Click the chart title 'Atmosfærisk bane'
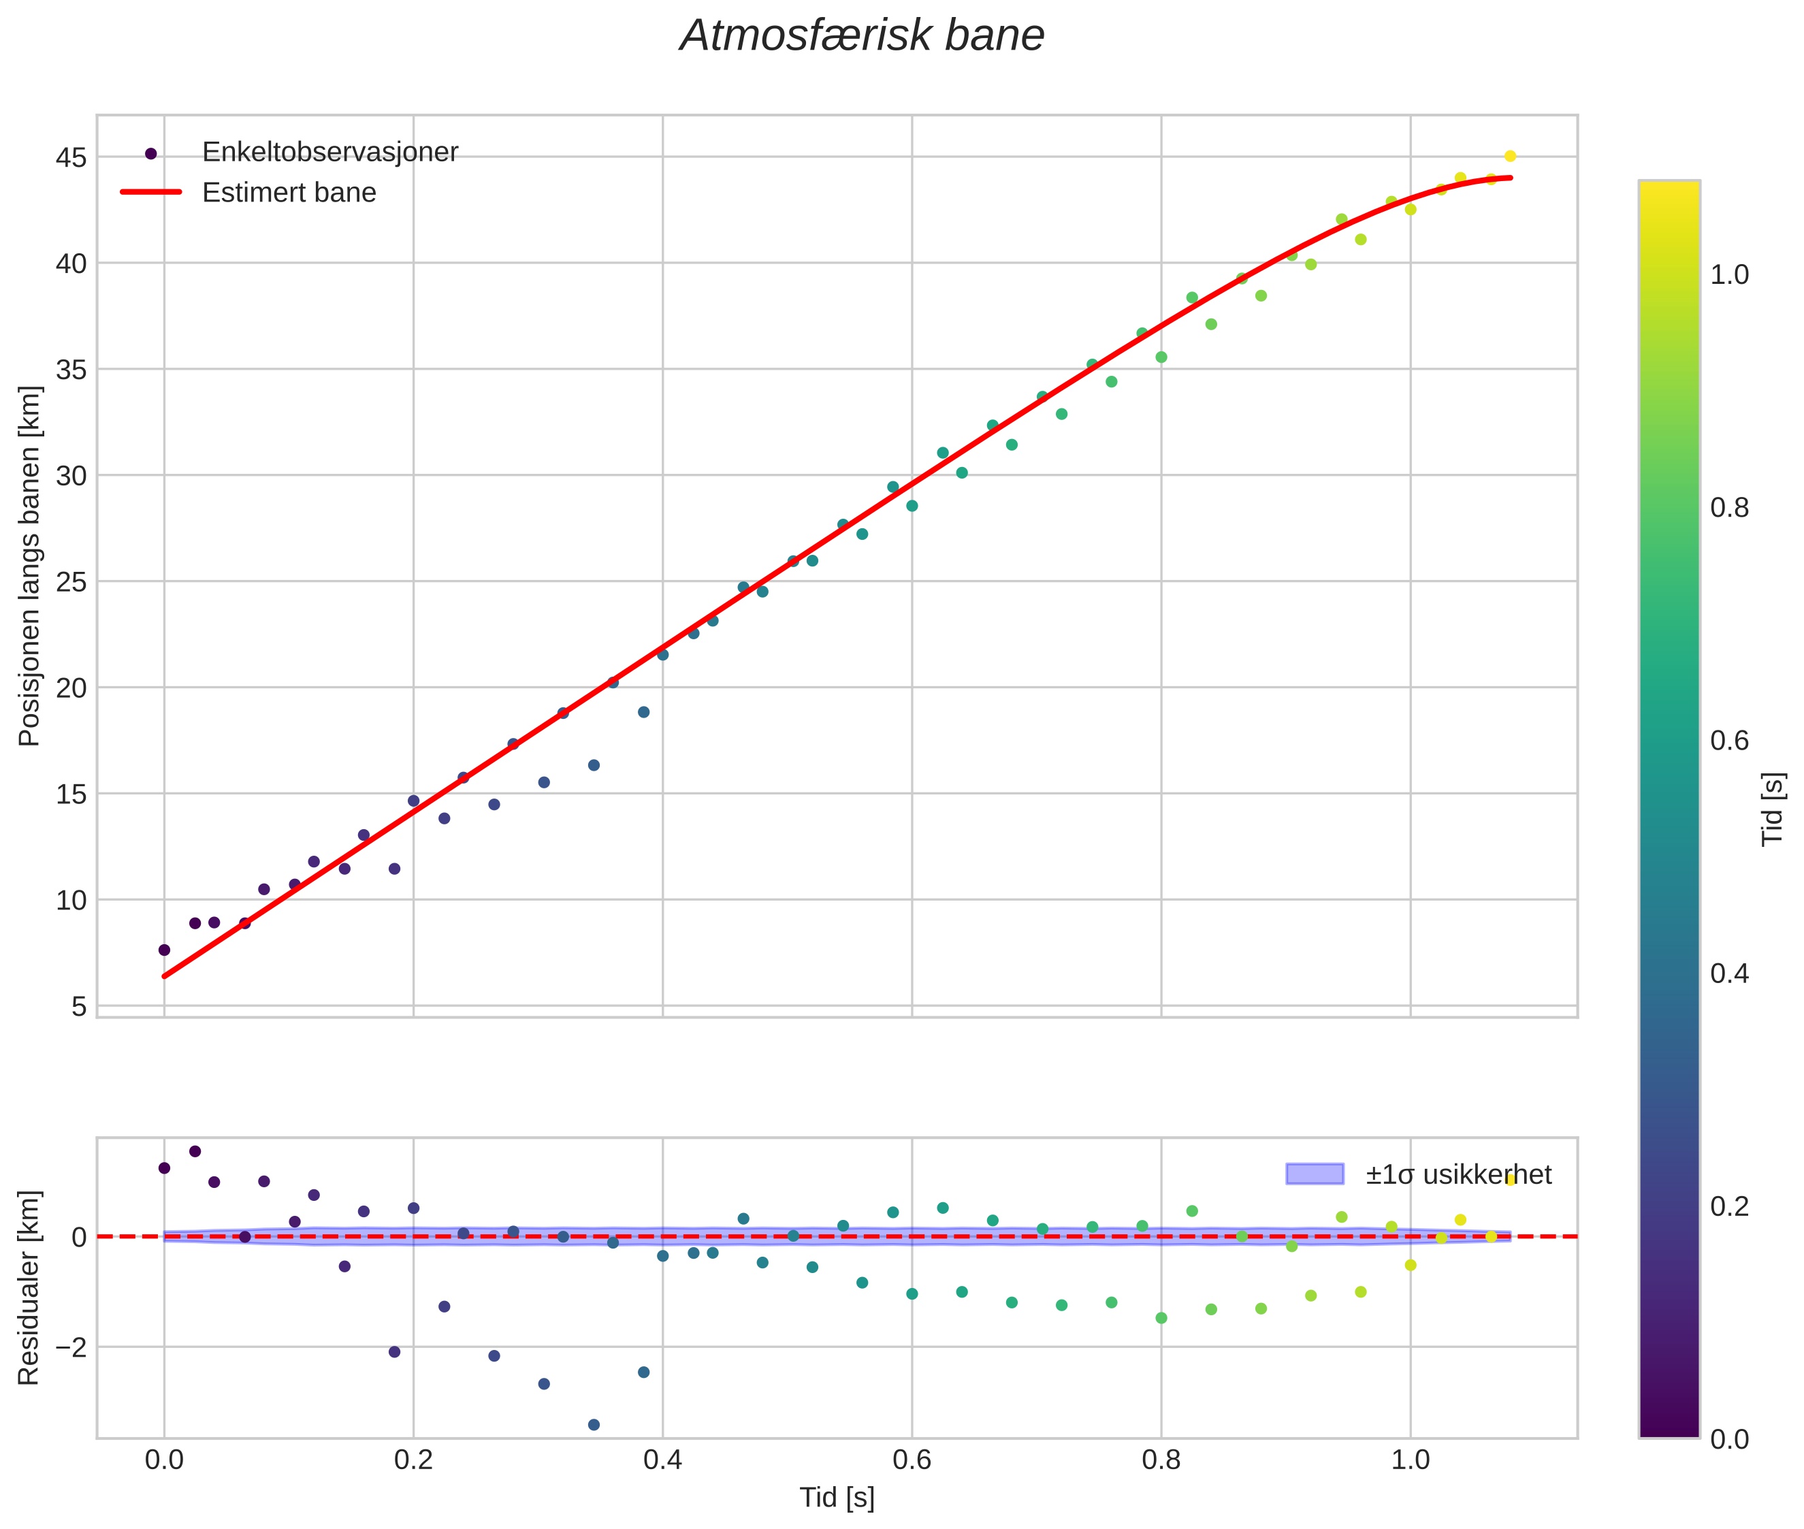[x=862, y=36]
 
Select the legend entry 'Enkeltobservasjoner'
[x=329, y=152]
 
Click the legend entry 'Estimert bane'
[x=289, y=193]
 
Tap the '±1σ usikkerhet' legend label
[x=1458, y=1174]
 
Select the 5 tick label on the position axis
[x=79, y=1006]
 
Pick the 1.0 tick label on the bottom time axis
[x=1410, y=1460]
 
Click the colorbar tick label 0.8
[x=1729, y=508]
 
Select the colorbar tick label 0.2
[x=1729, y=1206]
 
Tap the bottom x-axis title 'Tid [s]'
[x=837, y=1498]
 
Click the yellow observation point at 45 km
[x=1510, y=156]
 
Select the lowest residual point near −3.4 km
[x=594, y=1424]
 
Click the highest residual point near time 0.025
[x=195, y=1151]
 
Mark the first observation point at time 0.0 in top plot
[x=164, y=950]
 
